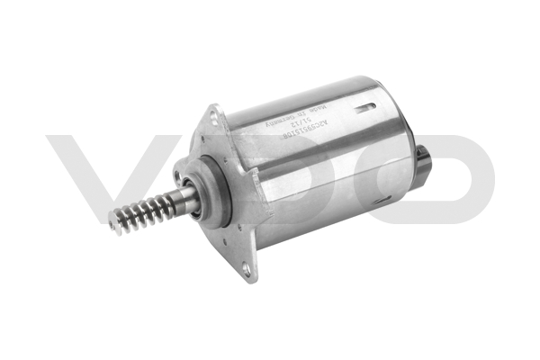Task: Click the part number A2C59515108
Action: (301, 145)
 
